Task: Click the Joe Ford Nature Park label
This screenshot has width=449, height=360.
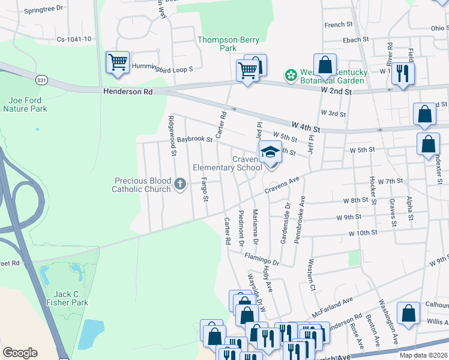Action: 25,104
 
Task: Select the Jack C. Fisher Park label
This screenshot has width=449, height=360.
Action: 67,299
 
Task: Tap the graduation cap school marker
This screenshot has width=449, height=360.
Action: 270,152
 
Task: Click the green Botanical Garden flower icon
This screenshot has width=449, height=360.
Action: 291,76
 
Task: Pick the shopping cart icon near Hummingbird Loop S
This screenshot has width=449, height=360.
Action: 118,62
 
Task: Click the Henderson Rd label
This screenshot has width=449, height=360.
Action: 128,92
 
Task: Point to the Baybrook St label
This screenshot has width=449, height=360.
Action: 194,139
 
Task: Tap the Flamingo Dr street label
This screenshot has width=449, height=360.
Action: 262,259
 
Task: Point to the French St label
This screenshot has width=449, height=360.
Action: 339,25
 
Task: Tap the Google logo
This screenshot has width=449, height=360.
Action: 19,353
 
